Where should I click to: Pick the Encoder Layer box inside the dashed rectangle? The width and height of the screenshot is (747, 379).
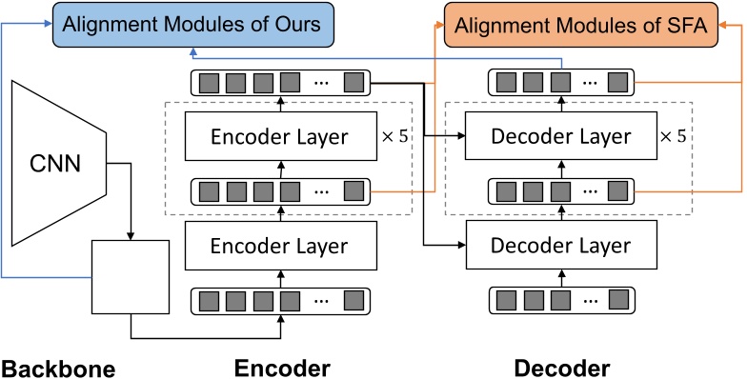coord(280,137)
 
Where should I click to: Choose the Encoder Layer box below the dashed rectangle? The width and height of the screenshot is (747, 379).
coord(280,246)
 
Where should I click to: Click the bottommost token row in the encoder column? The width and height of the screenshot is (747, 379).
coord(280,302)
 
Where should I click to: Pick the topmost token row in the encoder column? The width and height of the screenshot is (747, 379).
coord(280,80)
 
